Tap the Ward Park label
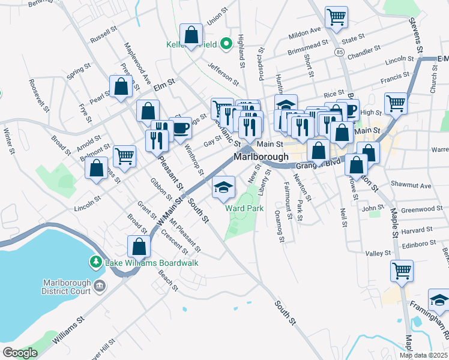[244, 208]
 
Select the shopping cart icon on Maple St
[402, 270]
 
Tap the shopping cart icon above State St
[336, 17]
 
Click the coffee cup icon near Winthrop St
[180, 127]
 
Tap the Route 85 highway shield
[340, 53]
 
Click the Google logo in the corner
[20, 353]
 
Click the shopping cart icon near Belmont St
[125, 156]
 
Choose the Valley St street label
[378, 254]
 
